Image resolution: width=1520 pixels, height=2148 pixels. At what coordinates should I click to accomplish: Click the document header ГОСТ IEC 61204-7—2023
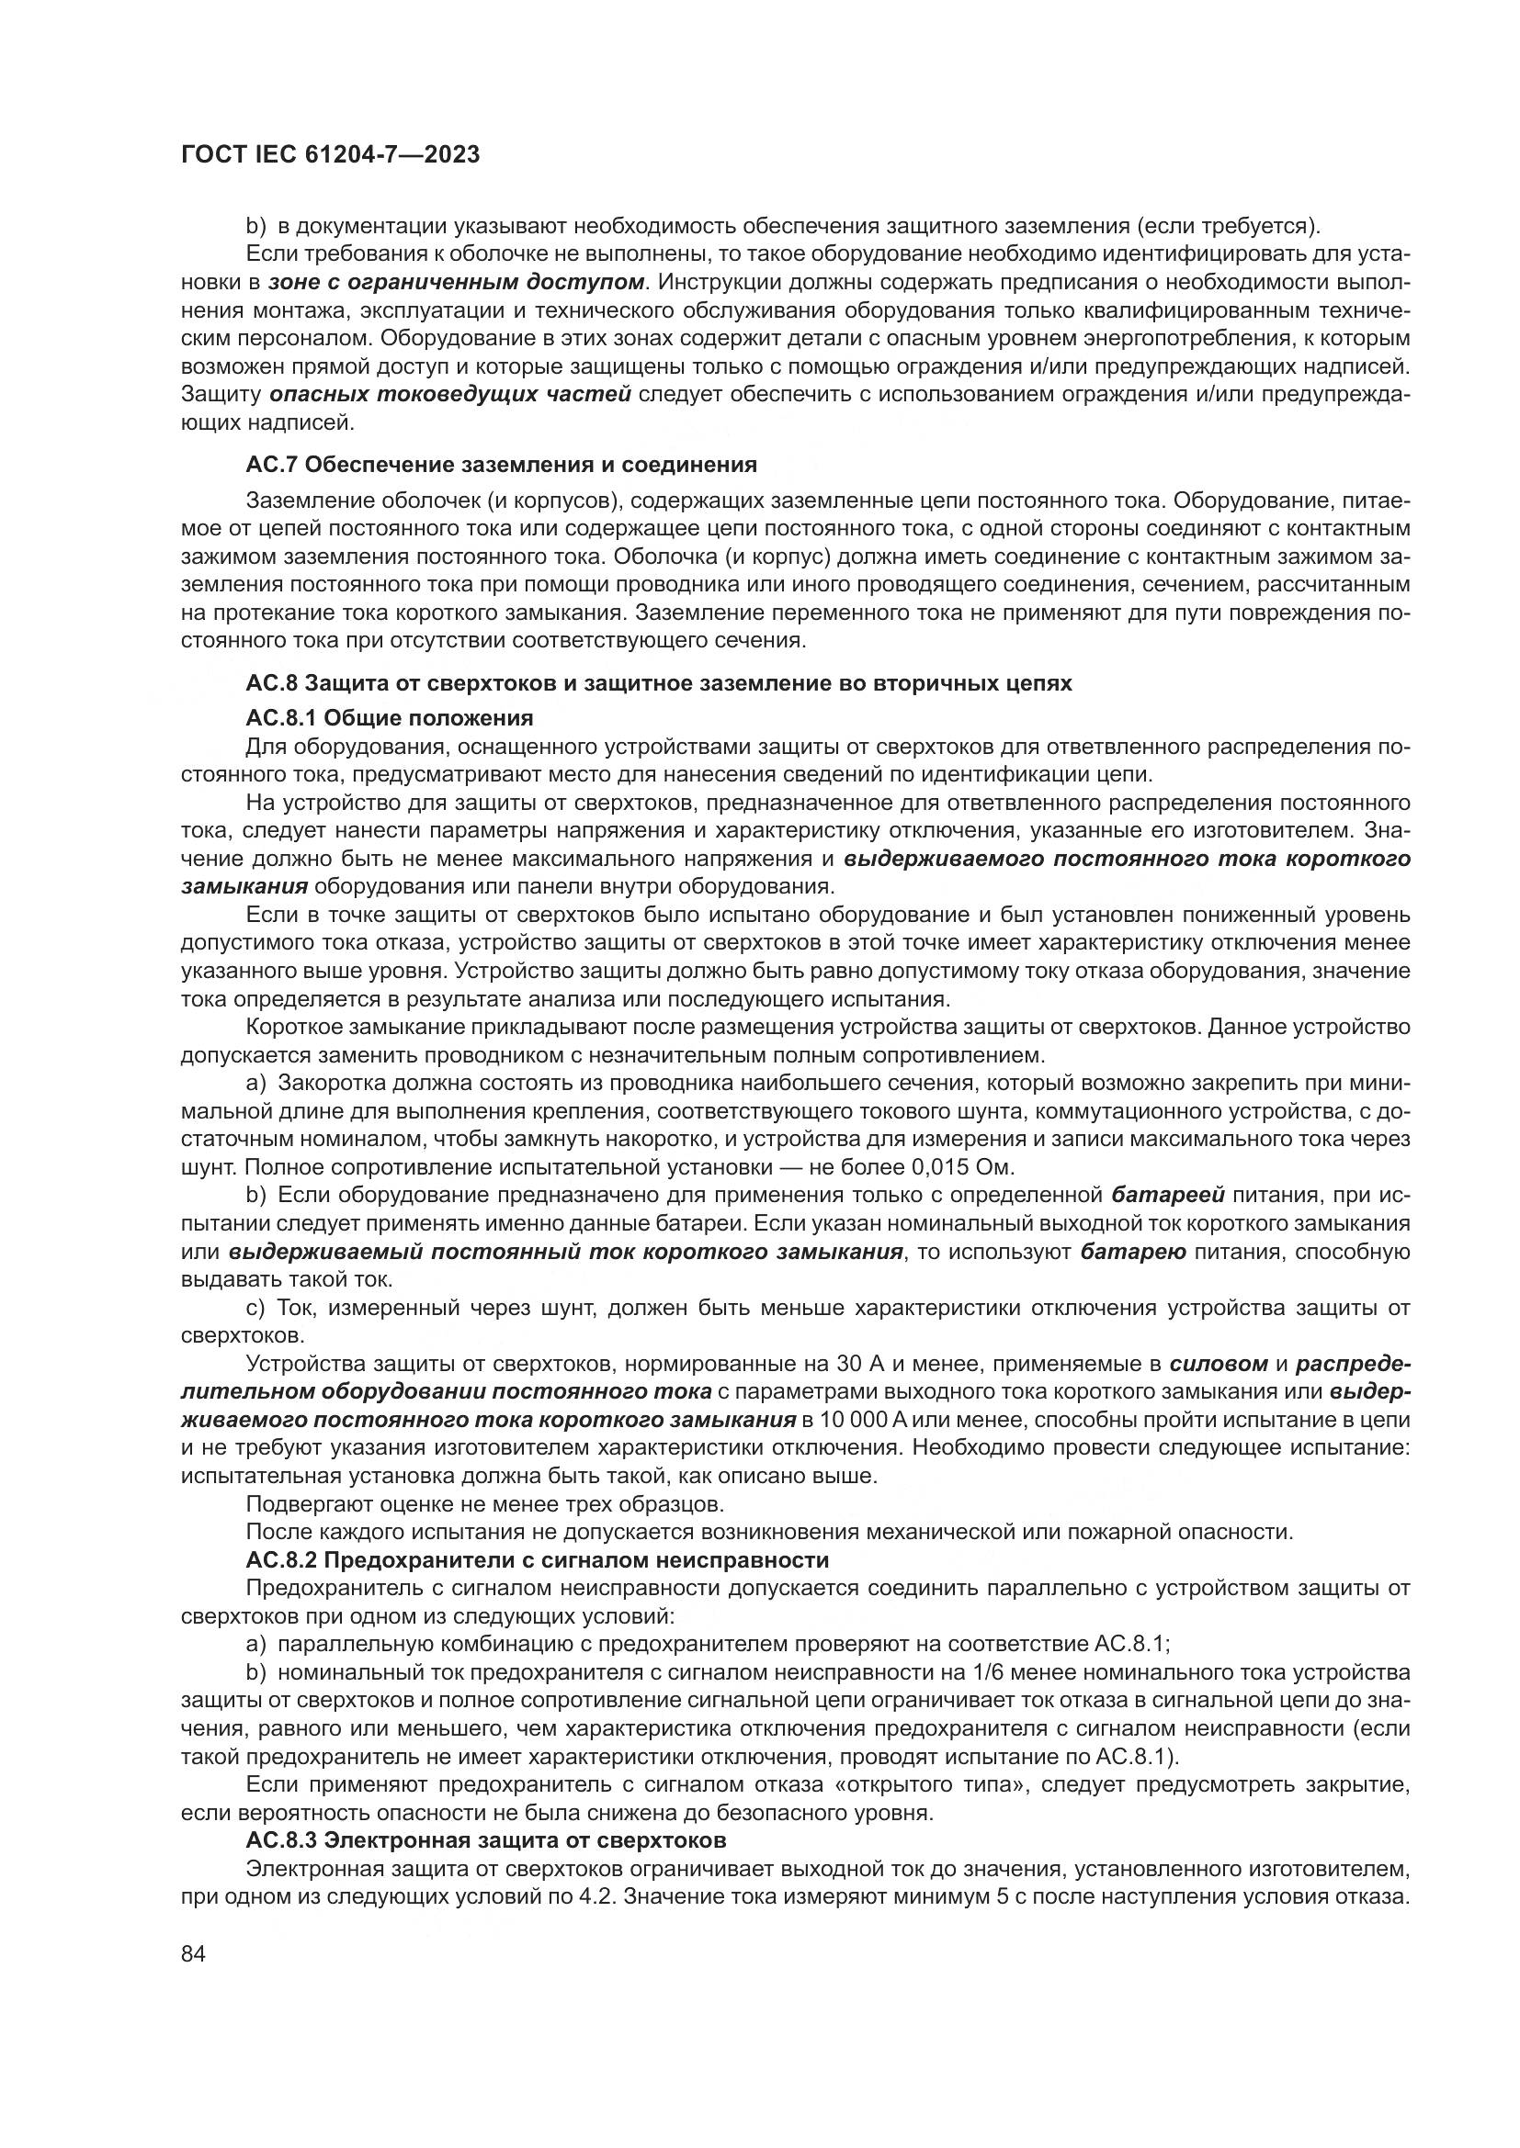[330, 155]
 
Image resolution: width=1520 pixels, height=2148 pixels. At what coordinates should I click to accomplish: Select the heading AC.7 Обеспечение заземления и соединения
[501, 464]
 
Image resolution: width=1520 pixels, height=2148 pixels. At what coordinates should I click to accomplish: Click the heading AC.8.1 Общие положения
[390, 717]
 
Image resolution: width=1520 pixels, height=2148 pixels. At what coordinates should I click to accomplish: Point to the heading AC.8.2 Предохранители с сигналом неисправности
[538, 1559]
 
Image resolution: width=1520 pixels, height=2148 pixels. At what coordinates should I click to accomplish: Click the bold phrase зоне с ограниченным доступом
[457, 282]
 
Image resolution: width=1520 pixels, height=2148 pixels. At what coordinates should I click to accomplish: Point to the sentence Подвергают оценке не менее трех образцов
[485, 1503]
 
